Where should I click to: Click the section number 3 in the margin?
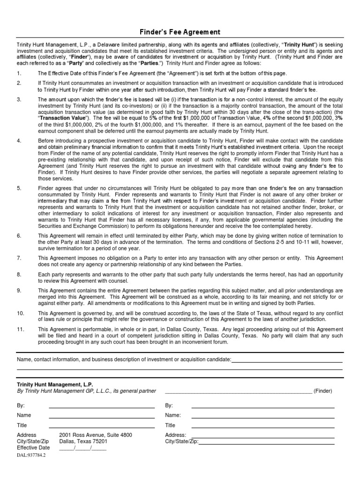point(19,100)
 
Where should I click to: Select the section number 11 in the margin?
point(20,329)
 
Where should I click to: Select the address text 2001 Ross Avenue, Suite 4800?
point(95,435)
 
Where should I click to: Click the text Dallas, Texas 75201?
point(83,441)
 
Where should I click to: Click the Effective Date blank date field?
point(83,448)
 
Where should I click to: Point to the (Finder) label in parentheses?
point(323,390)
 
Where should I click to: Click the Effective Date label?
point(33,448)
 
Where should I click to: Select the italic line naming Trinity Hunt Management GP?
point(86,390)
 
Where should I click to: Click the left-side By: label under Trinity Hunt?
point(21,405)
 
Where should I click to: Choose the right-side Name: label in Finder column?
point(173,415)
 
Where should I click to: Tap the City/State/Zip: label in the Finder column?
point(182,441)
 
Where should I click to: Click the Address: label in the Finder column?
point(176,435)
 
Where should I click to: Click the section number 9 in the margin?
point(19,291)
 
